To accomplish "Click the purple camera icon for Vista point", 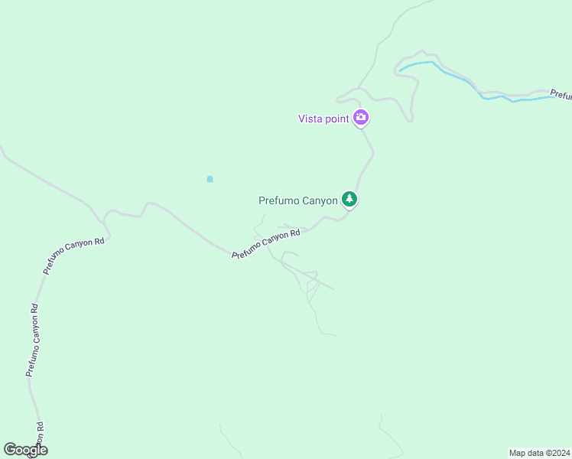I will (x=361, y=118).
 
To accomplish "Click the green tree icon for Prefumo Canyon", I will (x=349, y=199).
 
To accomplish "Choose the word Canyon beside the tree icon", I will (x=320, y=200).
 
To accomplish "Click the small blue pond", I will (x=210, y=179).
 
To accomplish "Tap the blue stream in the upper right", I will (x=459, y=78).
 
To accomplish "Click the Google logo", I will (x=25, y=450).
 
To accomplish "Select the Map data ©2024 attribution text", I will (x=538, y=452).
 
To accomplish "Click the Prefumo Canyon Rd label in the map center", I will (x=265, y=244).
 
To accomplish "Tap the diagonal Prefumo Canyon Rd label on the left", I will (x=73, y=256).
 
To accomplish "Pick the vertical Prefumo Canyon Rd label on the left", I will (x=31, y=340).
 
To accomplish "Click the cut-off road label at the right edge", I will (x=561, y=95).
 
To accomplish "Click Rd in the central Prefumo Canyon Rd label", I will (x=294, y=233).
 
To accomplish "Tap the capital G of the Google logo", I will (x=10, y=449).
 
